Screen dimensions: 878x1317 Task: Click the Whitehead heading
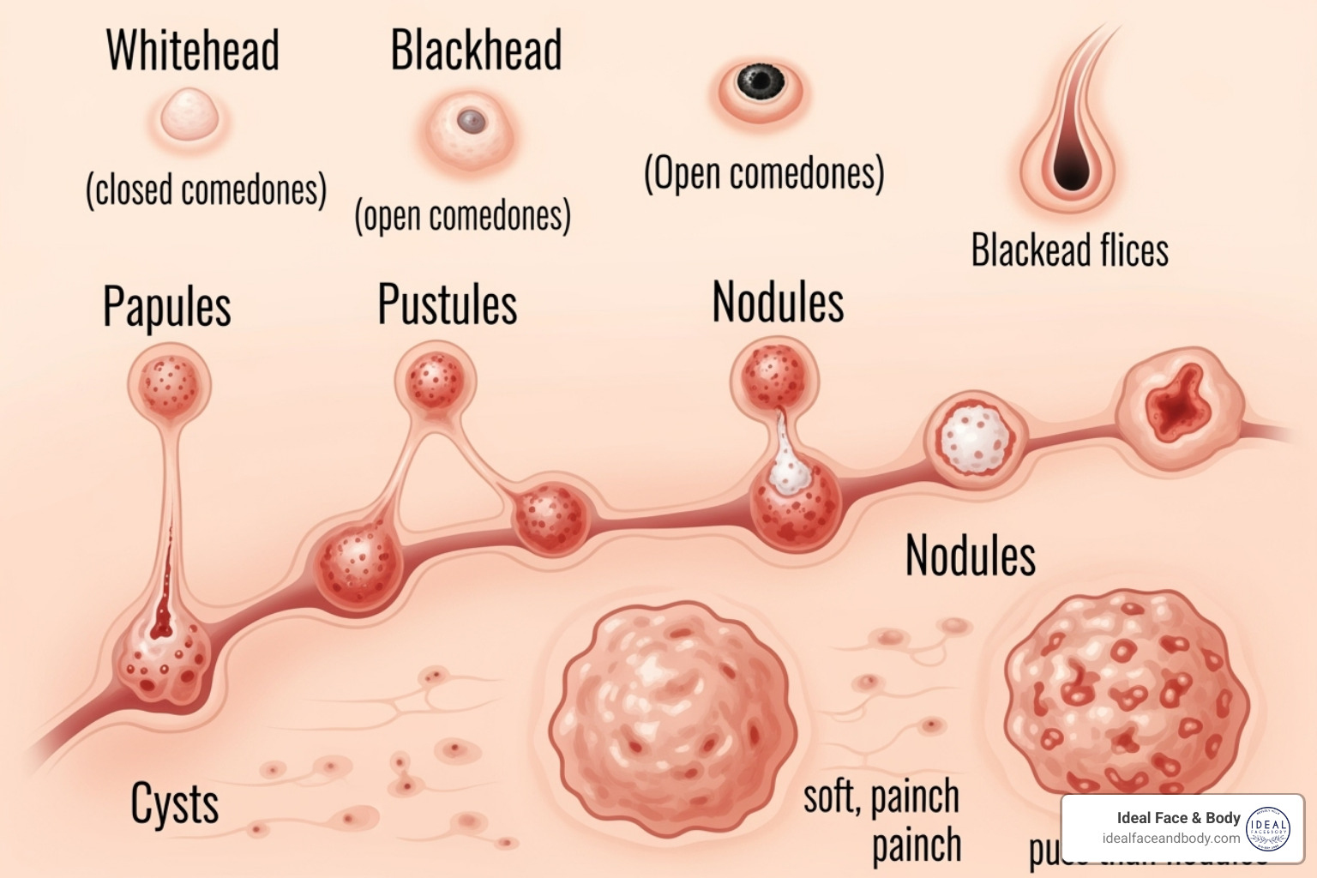(x=193, y=51)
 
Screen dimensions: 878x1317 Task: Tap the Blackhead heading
(x=476, y=51)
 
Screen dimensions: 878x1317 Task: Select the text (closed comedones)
(x=206, y=189)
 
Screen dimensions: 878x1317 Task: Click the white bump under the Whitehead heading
(x=189, y=116)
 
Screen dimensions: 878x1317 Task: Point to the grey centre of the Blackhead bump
(x=471, y=121)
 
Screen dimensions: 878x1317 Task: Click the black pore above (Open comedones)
(x=761, y=83)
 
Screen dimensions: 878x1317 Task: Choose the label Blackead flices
(x=1069, y=250)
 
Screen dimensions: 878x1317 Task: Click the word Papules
(x=167, y=307)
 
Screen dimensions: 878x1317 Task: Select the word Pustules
(x=448, y=304)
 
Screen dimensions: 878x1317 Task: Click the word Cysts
(x=174, y=804)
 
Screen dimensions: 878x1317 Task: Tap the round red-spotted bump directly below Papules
(x=170, y=383)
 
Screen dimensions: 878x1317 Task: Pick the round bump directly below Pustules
(x=435, y=381)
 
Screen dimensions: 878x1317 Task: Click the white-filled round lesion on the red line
(x=974, y=439)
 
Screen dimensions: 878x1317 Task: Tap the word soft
(x=831, y=797)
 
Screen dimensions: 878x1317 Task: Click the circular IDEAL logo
(x=1267, y=828)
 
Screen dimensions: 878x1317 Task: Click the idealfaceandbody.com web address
(x=1170, y=839)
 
